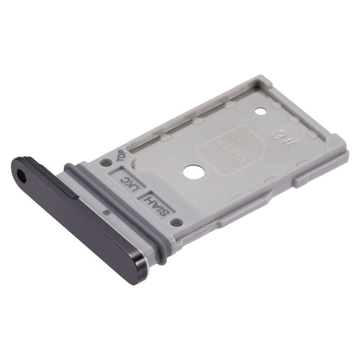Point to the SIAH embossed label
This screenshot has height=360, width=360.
[x=153, y=203]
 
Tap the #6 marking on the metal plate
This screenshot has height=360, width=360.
[x=278, y=137]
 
